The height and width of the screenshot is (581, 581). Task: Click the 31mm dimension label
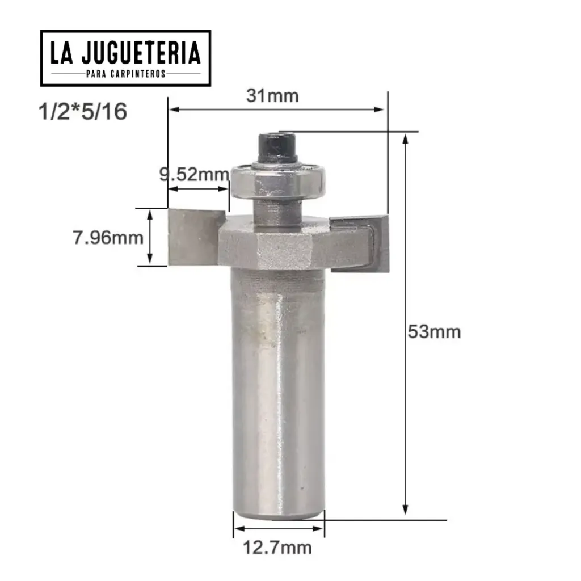[272, 95]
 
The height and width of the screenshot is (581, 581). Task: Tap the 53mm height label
[434, 331]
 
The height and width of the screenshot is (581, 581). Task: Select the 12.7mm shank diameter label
[277, 548]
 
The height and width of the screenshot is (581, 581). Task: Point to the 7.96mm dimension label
[108, 237]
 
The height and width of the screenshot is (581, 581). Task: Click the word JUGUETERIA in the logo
[141, 53]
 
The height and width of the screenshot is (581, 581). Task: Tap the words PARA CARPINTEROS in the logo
[125, 74]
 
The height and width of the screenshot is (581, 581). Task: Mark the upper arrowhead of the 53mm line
[405, 138]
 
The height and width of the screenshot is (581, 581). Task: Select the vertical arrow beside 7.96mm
[150, 237]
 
